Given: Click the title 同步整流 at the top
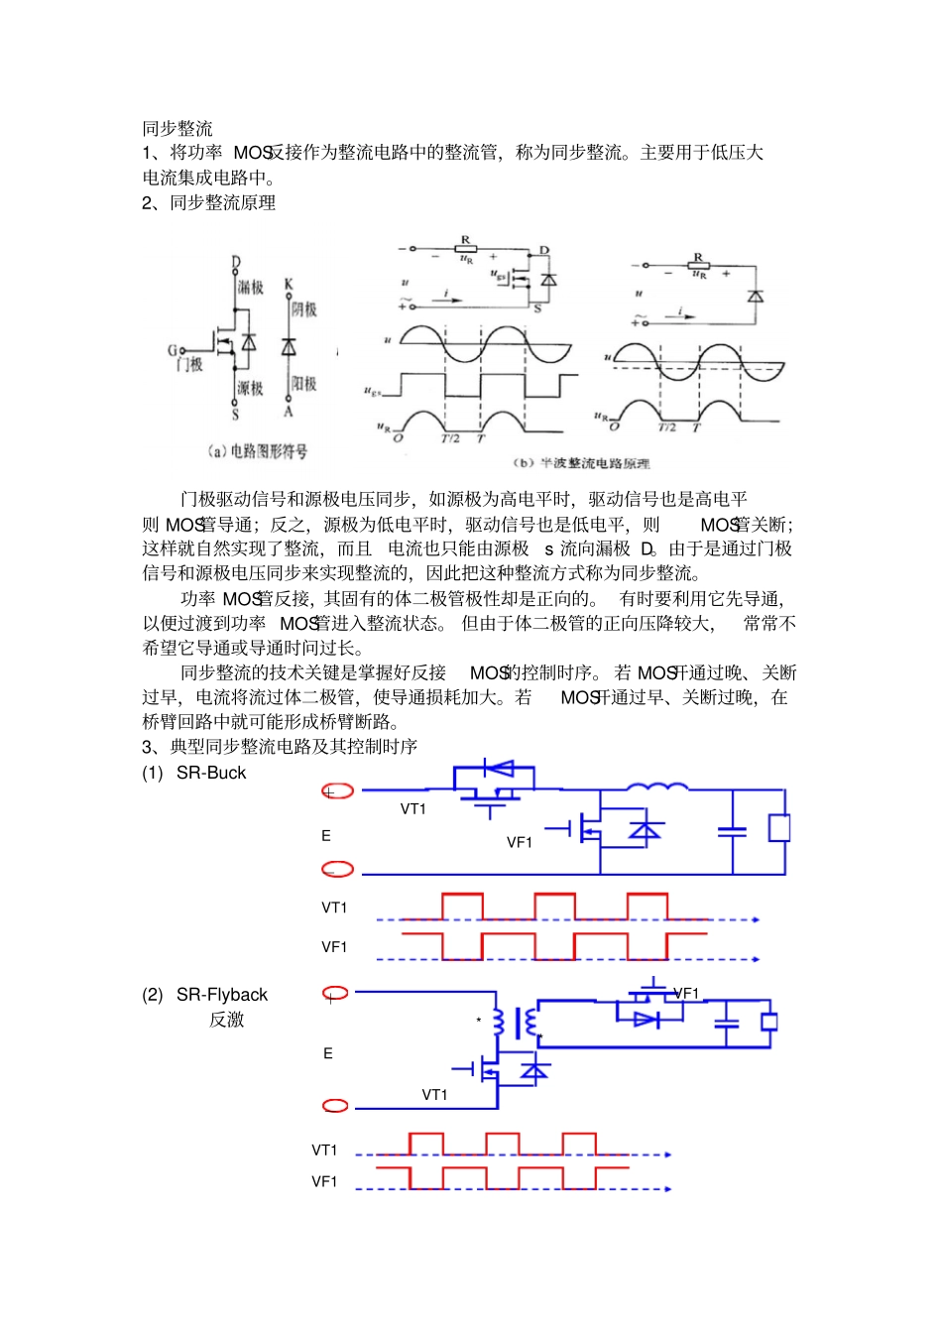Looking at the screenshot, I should pyautogui.click(x=177, y=128).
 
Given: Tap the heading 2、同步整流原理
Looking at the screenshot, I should pyautogui.click(x=208, y=202).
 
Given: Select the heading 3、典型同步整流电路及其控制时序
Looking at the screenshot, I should pyautogui.click(x=280, y=746).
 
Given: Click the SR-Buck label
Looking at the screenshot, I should pyautogui.click(x=210, y=773).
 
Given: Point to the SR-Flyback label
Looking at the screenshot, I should pyautogui.click(x=221, y=995).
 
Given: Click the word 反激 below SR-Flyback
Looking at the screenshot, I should pyautogui.click(x=226, y=1020).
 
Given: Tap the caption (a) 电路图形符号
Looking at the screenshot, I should pyautogui.click(x=258, y=451).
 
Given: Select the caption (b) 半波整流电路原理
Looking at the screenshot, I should pyautogui.click(x=582, y=463).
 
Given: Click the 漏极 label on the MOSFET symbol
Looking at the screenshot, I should pyautogui.click(x=251, y=288).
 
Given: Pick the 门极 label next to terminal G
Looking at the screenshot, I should pyautogui.click(x=189, y=365).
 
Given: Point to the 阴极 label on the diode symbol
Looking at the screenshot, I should pyautogui.click(x=304, y=309).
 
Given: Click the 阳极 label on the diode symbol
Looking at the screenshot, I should pyautogui.click(x=304, y=384).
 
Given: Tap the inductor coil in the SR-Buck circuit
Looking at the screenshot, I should pyautogui.click(x=657, y=788).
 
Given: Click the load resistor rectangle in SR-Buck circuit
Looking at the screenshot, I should pyautogui.click(x=779, y=828).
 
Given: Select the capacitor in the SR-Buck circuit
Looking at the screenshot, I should pyautogui.click(x=733, y=832).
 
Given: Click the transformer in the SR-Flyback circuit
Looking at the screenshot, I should pyautogui.click(x=515, y=1023).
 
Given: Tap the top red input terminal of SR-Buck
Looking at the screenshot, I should pyautogui.click(x=337, y=790).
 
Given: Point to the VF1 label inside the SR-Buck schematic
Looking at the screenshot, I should pyautogui.click(x=520, y=842).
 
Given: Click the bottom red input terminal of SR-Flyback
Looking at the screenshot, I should pyautogui.click(x=336, y=1106).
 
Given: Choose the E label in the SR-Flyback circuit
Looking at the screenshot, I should pyautogui.click(x=328, y=1053).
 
